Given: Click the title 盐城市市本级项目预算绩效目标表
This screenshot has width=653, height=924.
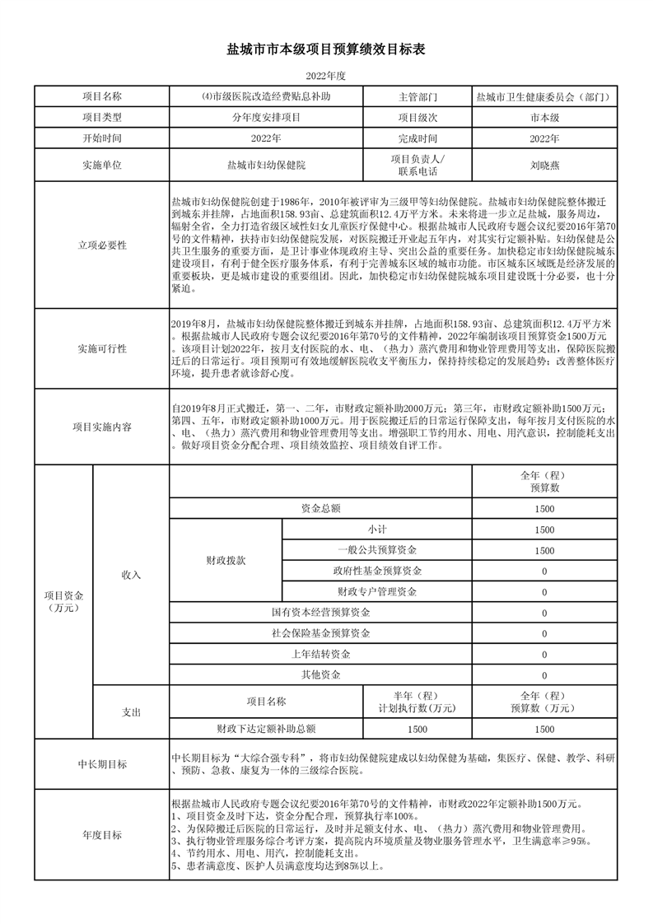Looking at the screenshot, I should coord(326,50).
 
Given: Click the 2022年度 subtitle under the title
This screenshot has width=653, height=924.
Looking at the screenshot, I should coord(326,76).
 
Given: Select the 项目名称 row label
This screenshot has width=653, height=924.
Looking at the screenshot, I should coord(102,96).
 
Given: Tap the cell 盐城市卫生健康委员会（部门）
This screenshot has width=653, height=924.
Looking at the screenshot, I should coord(543,96).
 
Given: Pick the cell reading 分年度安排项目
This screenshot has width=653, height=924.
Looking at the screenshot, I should coord(265,117).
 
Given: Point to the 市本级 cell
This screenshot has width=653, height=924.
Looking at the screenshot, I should coord(543,117).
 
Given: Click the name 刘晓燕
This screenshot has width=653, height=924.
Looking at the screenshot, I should coord(543,165).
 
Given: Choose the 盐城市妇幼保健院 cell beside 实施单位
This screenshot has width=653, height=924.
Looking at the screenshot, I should coord(265,165).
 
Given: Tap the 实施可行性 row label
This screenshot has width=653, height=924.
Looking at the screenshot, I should coord(102,348).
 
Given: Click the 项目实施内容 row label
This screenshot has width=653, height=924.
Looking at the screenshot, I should coord(102,427).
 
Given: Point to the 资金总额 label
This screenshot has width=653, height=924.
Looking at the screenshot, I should coord(321,509).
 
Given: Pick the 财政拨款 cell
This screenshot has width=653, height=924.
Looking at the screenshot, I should coord(226,560).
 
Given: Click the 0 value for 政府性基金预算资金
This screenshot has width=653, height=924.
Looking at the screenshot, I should coord(543,571).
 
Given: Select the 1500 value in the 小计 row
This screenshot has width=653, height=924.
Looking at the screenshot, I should coord(543,530).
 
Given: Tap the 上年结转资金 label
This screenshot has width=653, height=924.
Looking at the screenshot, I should coord(321,654).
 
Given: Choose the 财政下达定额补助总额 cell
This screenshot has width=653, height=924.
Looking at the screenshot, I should coord(266,729).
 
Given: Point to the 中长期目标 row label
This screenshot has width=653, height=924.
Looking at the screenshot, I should coord(102,764).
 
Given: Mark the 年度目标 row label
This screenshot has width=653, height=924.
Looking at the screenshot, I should coord(102,835).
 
